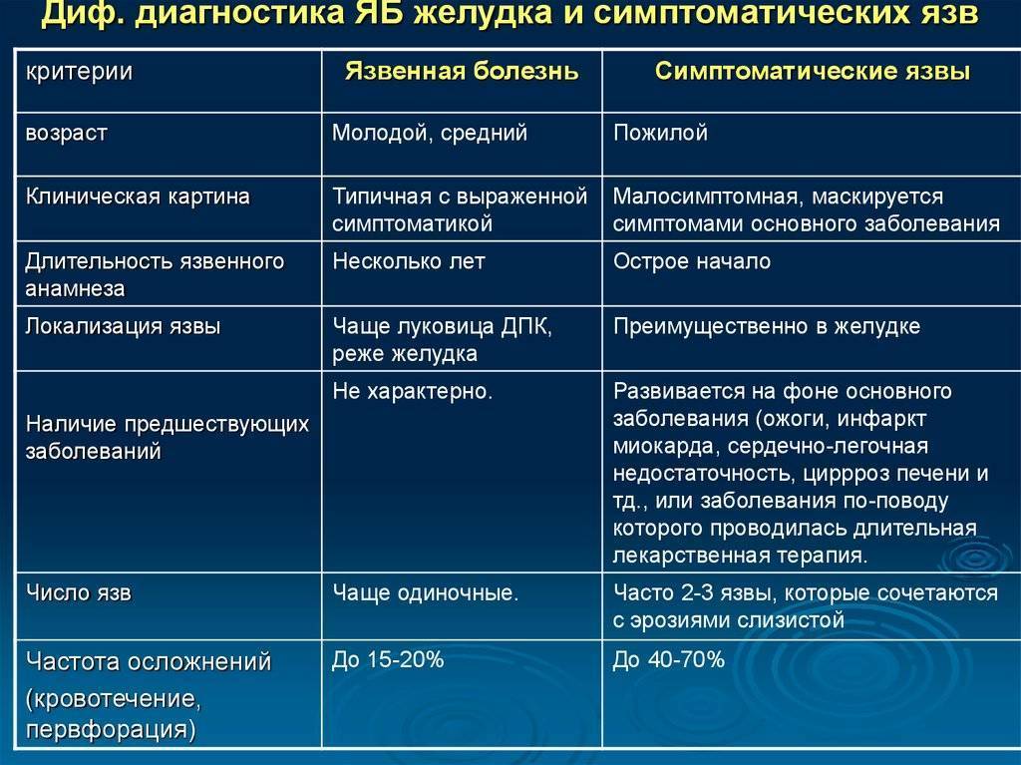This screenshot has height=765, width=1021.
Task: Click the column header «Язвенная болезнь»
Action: pos(462,71)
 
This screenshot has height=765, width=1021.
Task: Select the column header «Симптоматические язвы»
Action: pos(812,71)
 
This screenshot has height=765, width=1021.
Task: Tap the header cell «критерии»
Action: pos(79,72)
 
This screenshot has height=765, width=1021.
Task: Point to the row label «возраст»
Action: pos(66,134)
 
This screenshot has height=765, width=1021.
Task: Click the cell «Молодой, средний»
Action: pos(430,133)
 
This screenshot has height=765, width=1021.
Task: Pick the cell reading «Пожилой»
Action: pos(660,133)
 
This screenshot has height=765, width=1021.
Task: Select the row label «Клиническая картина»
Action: pos(138,196)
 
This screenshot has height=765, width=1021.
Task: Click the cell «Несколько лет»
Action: pos(408,261)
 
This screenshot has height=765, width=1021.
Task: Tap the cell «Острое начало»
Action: pos(692,261)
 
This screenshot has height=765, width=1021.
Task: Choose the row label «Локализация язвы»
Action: pos(123,326)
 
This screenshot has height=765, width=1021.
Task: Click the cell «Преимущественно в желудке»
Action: pos(767,326)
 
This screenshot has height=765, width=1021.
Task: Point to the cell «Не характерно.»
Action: pos(412,391)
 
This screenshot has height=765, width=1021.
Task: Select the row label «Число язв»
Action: pos(78,593)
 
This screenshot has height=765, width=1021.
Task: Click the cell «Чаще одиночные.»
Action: pos(425,593)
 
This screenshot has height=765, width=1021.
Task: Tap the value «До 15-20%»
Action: pos(388,660)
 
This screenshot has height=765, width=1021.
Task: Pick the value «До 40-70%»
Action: pos(669,660)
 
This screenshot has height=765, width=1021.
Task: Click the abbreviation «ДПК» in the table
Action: pos(525,326)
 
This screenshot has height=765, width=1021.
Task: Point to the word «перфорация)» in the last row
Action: pos(111,729)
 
